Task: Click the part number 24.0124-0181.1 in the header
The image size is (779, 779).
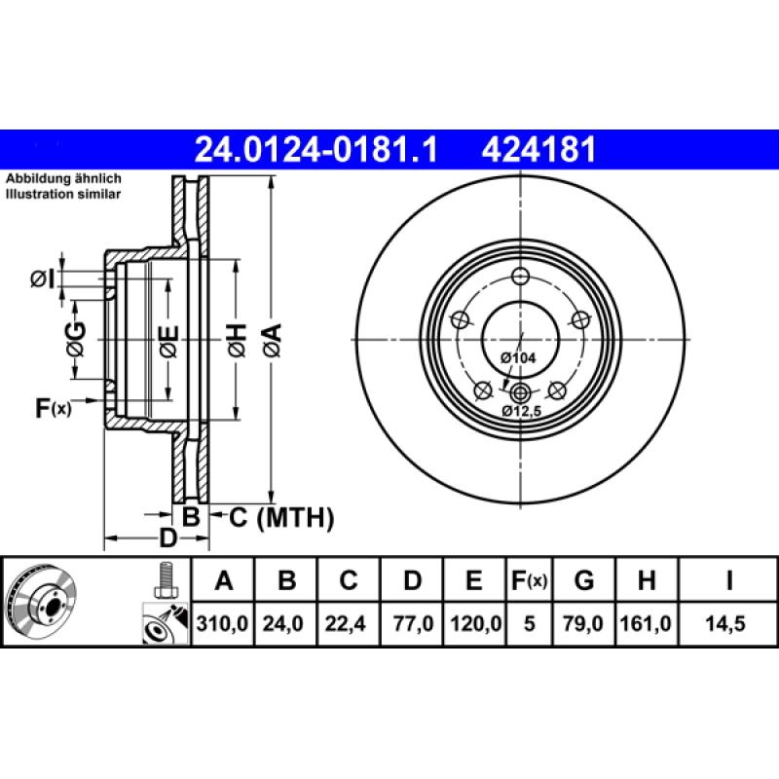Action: [317, 149]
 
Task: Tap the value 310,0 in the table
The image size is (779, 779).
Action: [224, 621]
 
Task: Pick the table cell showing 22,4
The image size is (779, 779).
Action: [348, 621]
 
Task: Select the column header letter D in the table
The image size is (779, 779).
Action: [412, 581]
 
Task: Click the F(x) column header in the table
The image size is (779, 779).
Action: [530, 581]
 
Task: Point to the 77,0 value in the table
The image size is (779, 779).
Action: [412, 621]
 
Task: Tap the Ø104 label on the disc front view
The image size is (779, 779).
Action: [518, 358]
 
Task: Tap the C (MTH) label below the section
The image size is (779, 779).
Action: [281, 517]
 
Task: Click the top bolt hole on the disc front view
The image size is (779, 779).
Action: [520, 275]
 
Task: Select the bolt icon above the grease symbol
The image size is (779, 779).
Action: [165, 580]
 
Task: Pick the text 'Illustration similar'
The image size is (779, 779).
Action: [63, 195]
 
